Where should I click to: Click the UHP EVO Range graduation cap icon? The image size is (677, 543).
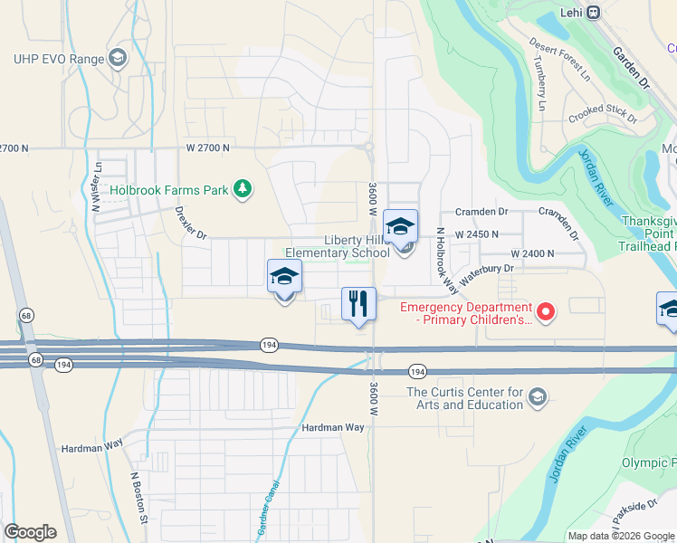coord(117,59)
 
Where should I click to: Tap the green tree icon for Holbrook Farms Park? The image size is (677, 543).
coord(242,188)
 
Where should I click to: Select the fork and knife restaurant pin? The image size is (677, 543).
coord(358,303)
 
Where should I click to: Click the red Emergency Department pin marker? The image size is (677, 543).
coord(545,312)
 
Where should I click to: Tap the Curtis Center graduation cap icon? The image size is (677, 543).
coord(538,398)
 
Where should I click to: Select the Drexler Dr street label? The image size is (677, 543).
coord(191,223)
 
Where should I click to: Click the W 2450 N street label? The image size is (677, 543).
coord(478,233)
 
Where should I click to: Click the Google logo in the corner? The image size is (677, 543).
coord(30,532)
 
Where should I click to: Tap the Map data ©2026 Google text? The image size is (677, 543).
coord(620,536)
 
